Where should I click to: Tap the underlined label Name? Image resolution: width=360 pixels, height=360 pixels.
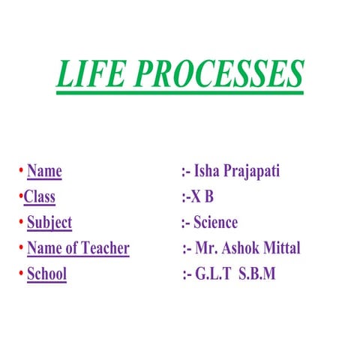tap(44, 172)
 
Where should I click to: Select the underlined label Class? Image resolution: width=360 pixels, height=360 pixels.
tap(39, 197)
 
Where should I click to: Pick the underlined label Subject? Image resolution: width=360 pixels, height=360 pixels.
tap(49, 223)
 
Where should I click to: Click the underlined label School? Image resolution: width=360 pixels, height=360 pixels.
tap(46, 274)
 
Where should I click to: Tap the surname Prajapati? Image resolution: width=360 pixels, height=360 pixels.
tap(257, 172)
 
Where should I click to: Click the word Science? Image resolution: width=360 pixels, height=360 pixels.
tap(215, 223)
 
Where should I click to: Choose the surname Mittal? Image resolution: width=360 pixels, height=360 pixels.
tap(283, 248)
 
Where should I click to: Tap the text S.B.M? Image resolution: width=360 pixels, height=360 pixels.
tap(257, 274)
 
